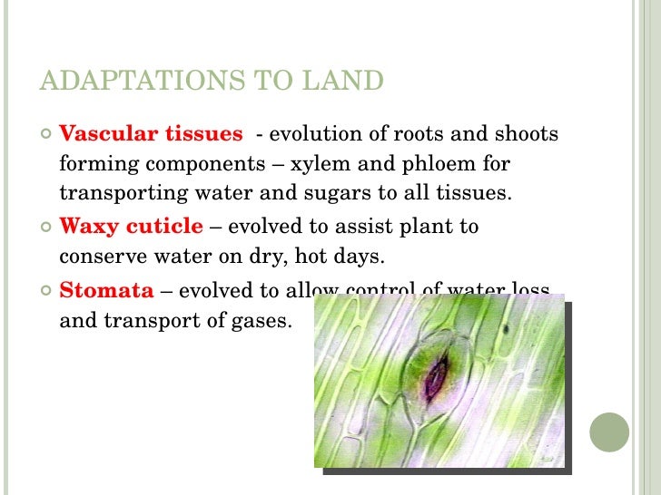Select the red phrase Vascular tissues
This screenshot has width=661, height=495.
click(x=151, y=134)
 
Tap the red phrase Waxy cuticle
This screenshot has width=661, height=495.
click(x=131, y=225)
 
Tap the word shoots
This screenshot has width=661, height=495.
click(x=526, y=134)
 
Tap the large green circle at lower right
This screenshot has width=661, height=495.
click(x=609, y=432)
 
